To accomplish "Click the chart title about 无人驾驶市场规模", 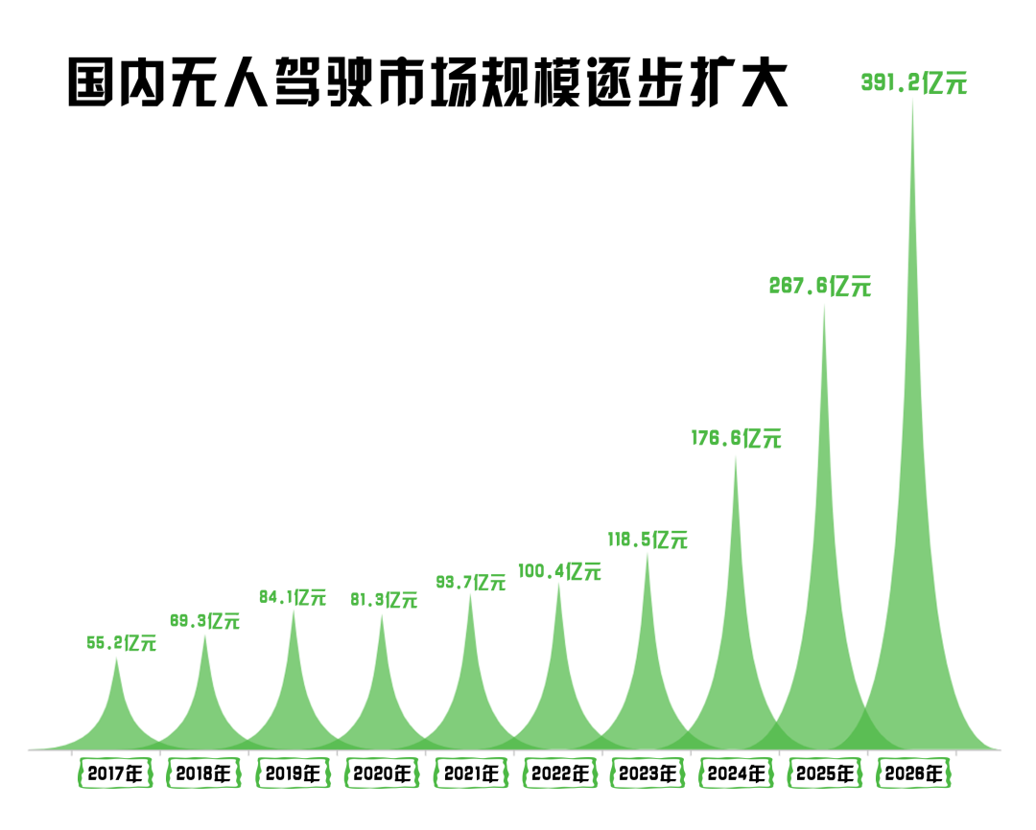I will tap(428, 84).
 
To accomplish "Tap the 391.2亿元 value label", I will tap(914, 83).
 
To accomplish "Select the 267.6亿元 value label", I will tap(820, 286).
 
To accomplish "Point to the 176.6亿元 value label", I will tap(737, 439).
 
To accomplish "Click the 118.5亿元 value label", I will tap(647, 540).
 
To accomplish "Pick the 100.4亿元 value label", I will tap(559, 572).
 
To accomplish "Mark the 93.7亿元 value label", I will tap(470, 582).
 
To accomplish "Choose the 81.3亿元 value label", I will tap(382, 601).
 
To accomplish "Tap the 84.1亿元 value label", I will tap(293, 597).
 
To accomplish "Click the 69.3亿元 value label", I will tap(204, 621).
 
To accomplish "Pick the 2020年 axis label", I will tap(381, 773).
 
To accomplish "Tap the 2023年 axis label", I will tap(647, 773).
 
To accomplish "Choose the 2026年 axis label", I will tap(913, 773).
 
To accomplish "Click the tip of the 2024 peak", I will tap(736, 458).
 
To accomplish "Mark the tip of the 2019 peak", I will tap(294, 611).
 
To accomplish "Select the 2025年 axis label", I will tap(825, 773).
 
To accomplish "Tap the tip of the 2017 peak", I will tap(117, 658).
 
